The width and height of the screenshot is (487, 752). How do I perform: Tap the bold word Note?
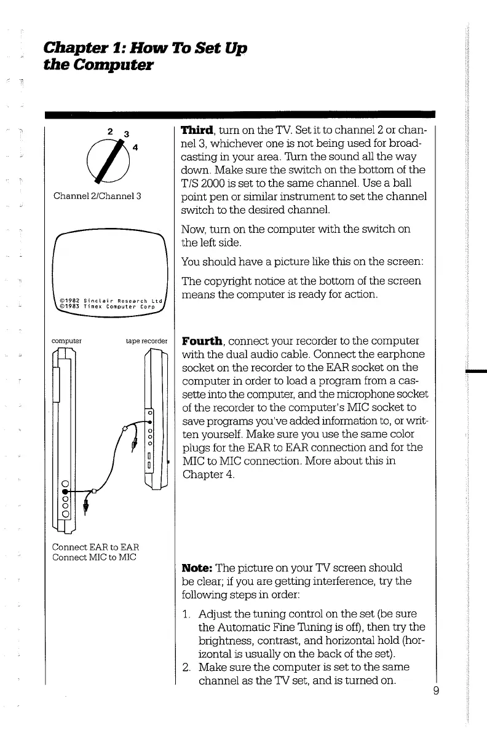tap(193, 567)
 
